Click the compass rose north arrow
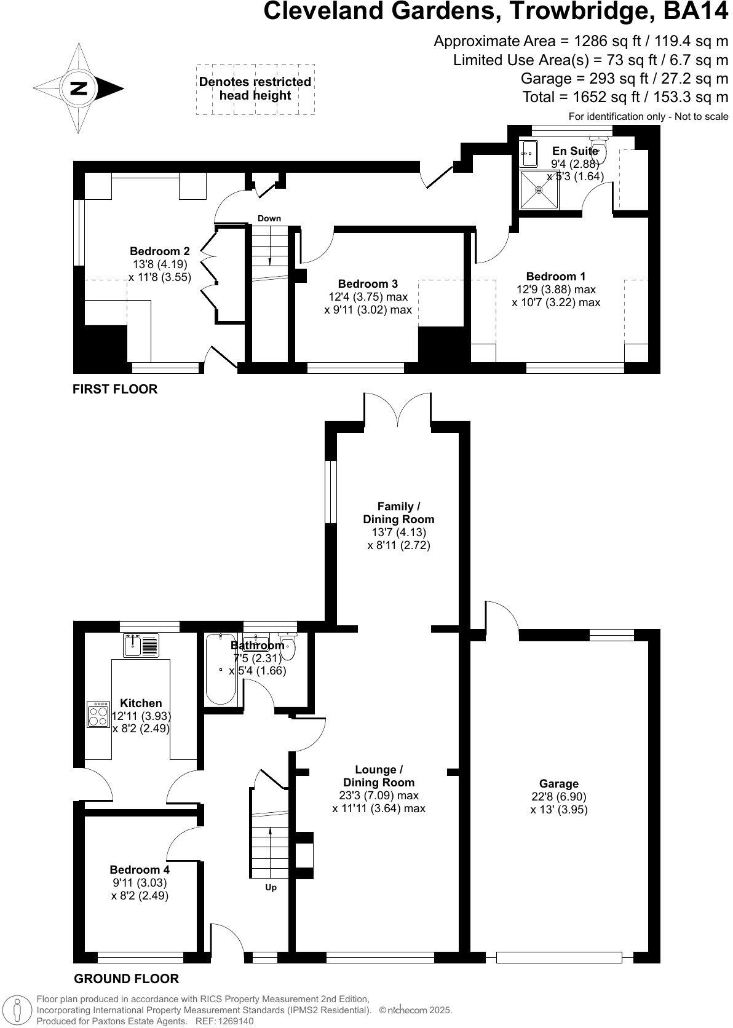[x=78, y=88]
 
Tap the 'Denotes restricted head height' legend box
[x=255, y=89]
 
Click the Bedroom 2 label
[x=159, y=251]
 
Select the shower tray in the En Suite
[x=539, y=189]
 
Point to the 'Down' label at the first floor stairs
[x=269, y=218]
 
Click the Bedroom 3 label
[x=368, y=283]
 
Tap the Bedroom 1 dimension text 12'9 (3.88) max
[x=556, y=289]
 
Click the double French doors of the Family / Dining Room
[x=398, y=409]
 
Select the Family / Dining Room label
[x=398, y=513]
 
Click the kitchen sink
[x=141, y=644]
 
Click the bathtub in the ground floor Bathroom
[x=220, y=670]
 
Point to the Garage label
[x=558, y=783]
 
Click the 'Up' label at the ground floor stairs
[x=271, y=887]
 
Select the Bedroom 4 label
[x=140, y=869]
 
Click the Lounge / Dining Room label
[x=379, y=776]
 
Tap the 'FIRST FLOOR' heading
[x=115, y=389]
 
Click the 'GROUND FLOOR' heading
[x=126, y=979]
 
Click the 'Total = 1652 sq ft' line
[x=625, y=97]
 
